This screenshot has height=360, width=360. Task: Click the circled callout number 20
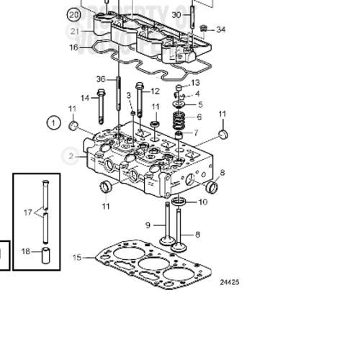pos(73,14)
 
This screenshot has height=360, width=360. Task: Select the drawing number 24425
pos(229,282)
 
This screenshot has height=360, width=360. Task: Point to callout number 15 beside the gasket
pos(77,257)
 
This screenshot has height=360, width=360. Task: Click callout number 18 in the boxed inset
pos(26,251)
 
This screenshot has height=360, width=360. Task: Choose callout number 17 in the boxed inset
pos(27,212)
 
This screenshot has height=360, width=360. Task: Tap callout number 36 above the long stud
pos(102,79)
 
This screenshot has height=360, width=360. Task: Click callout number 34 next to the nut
pos(220,30)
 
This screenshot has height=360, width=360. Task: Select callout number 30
pos(177,14)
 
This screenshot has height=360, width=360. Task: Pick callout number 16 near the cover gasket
pos(73,48)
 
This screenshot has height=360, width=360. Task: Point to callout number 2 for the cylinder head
pos(71,156)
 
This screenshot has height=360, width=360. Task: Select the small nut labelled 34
pos(204,28)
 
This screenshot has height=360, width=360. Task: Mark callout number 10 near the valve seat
pos(202,202)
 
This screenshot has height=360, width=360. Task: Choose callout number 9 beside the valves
pos(148,225)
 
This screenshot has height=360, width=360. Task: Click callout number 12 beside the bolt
pos(156,91)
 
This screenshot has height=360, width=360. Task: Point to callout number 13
pos(195,84)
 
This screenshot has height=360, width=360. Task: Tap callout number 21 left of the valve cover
pos(73,31)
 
